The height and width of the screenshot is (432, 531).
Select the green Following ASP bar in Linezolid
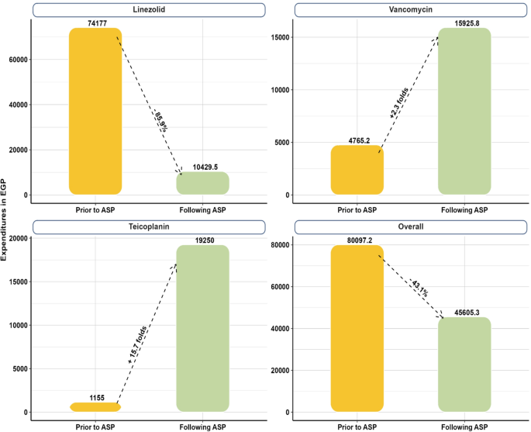(202, 183)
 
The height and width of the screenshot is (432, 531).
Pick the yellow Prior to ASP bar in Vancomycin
(357, 170)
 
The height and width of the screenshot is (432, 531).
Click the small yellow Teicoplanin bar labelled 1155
(95, 406)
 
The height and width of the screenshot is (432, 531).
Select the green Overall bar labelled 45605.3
(464, 364)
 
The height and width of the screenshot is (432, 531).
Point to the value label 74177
(95, 22)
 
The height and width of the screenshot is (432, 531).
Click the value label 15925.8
(464, 23)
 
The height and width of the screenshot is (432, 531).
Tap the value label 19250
(202, 240)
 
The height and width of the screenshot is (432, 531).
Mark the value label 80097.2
(357, 240)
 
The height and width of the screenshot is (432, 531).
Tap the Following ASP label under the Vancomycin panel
(464, 210)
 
